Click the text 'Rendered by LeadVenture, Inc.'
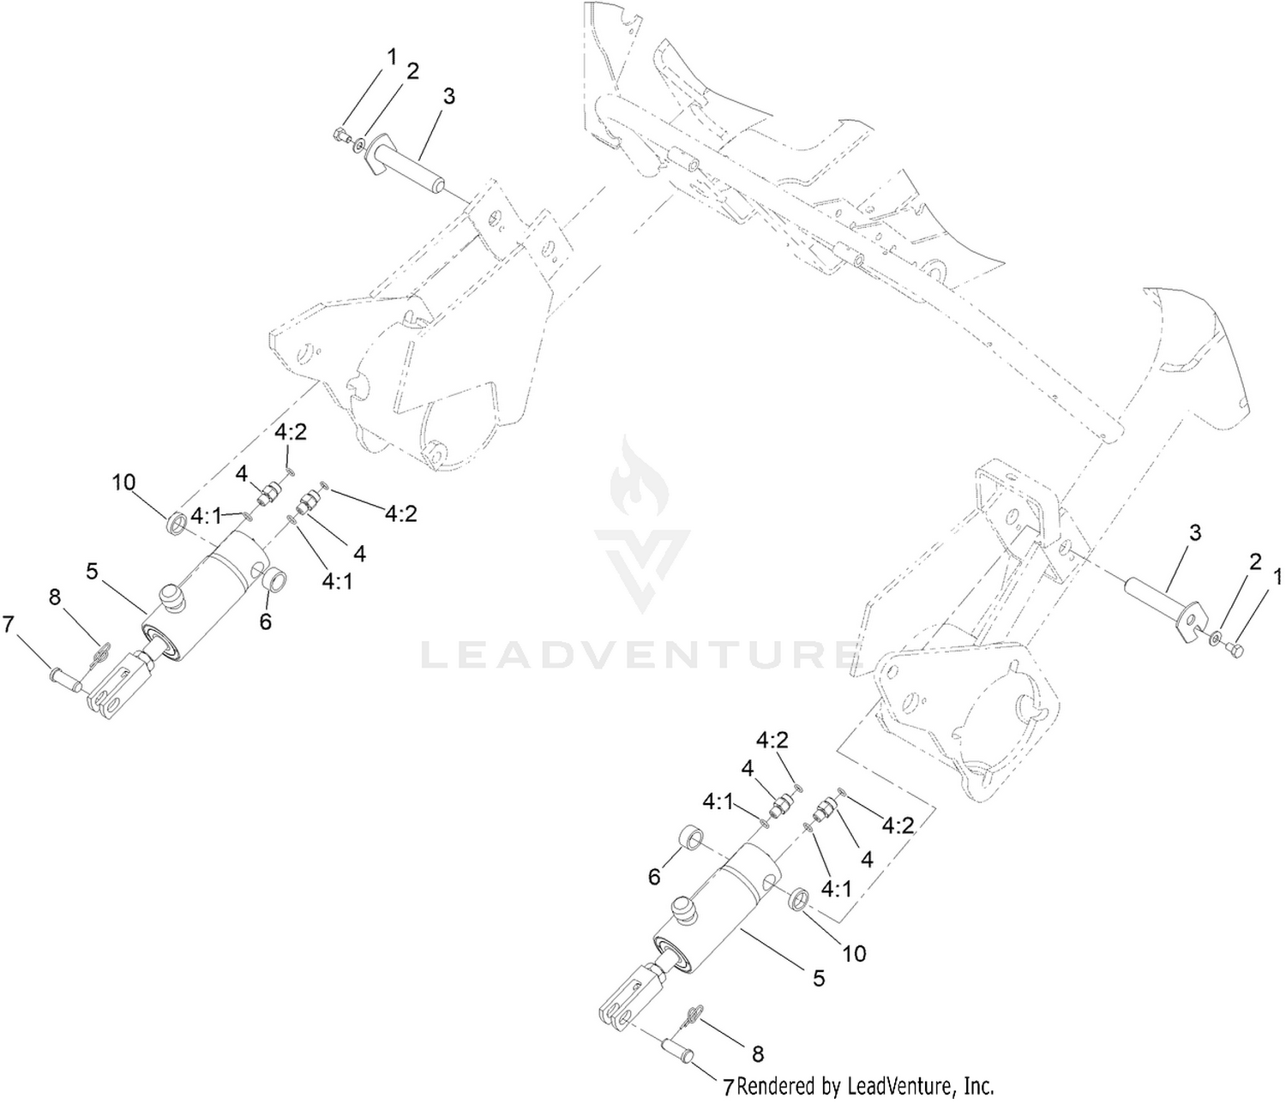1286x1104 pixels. click(865, 1086)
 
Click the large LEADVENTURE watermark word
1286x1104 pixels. click(640, 655)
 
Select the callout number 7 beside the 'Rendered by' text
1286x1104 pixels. click(728, 1088)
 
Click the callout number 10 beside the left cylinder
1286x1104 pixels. click(123, 482)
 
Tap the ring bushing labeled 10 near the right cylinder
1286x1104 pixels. click(799, 902)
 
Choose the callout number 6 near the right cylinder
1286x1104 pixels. click(654, 877)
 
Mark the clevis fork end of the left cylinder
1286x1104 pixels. click(118, 687)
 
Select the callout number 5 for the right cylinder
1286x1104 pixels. click(819, 978)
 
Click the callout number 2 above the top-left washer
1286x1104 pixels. click(412, 71)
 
